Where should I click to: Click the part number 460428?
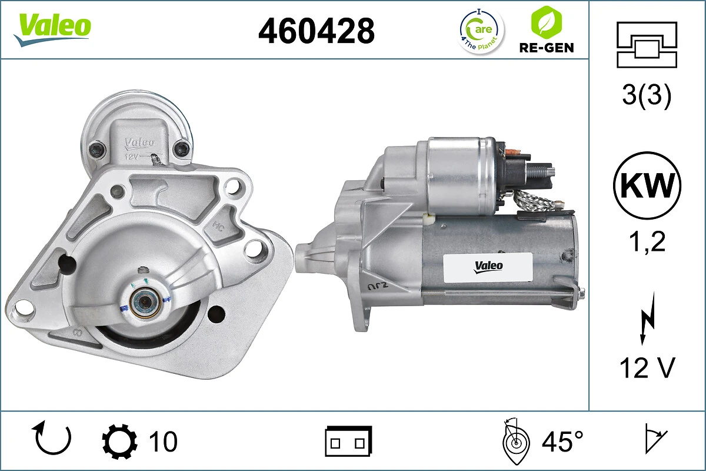(317, 30)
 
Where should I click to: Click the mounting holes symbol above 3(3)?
(647, 44)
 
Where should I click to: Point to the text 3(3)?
(647, 97)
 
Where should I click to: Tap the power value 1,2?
(647, 242)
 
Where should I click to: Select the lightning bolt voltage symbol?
(647, 321)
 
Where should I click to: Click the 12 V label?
(647, 369)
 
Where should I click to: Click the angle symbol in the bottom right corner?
(655, 440)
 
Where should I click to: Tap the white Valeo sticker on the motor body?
(488, 266)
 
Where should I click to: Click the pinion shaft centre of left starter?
(143, 303)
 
